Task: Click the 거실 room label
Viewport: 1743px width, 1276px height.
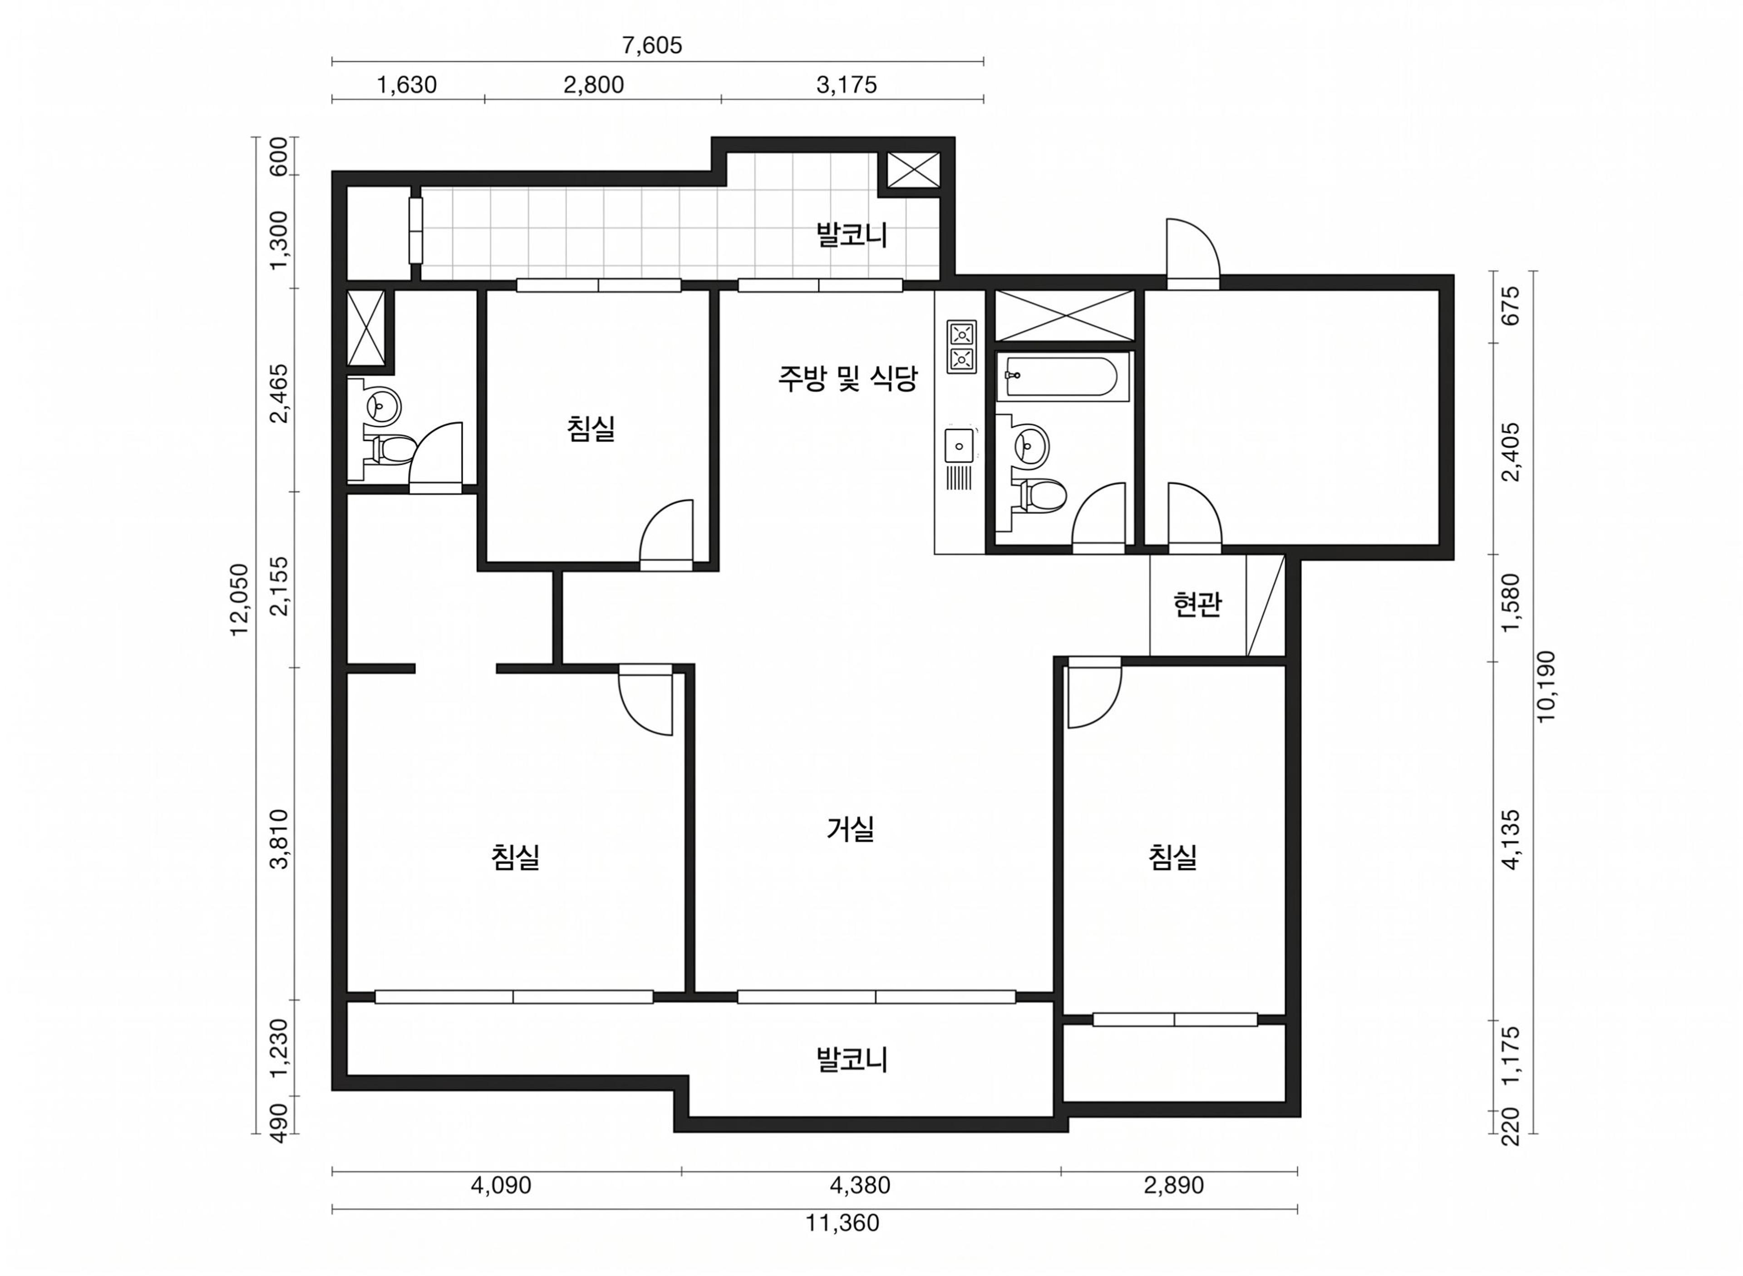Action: coord(850,829)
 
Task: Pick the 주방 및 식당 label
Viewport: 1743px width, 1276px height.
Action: coord(847,379)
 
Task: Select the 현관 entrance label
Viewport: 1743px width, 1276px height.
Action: coord(1197,604)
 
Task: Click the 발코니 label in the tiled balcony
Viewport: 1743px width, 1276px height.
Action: coord(852,235)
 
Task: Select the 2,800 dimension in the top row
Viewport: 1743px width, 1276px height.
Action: coord(593,84)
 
